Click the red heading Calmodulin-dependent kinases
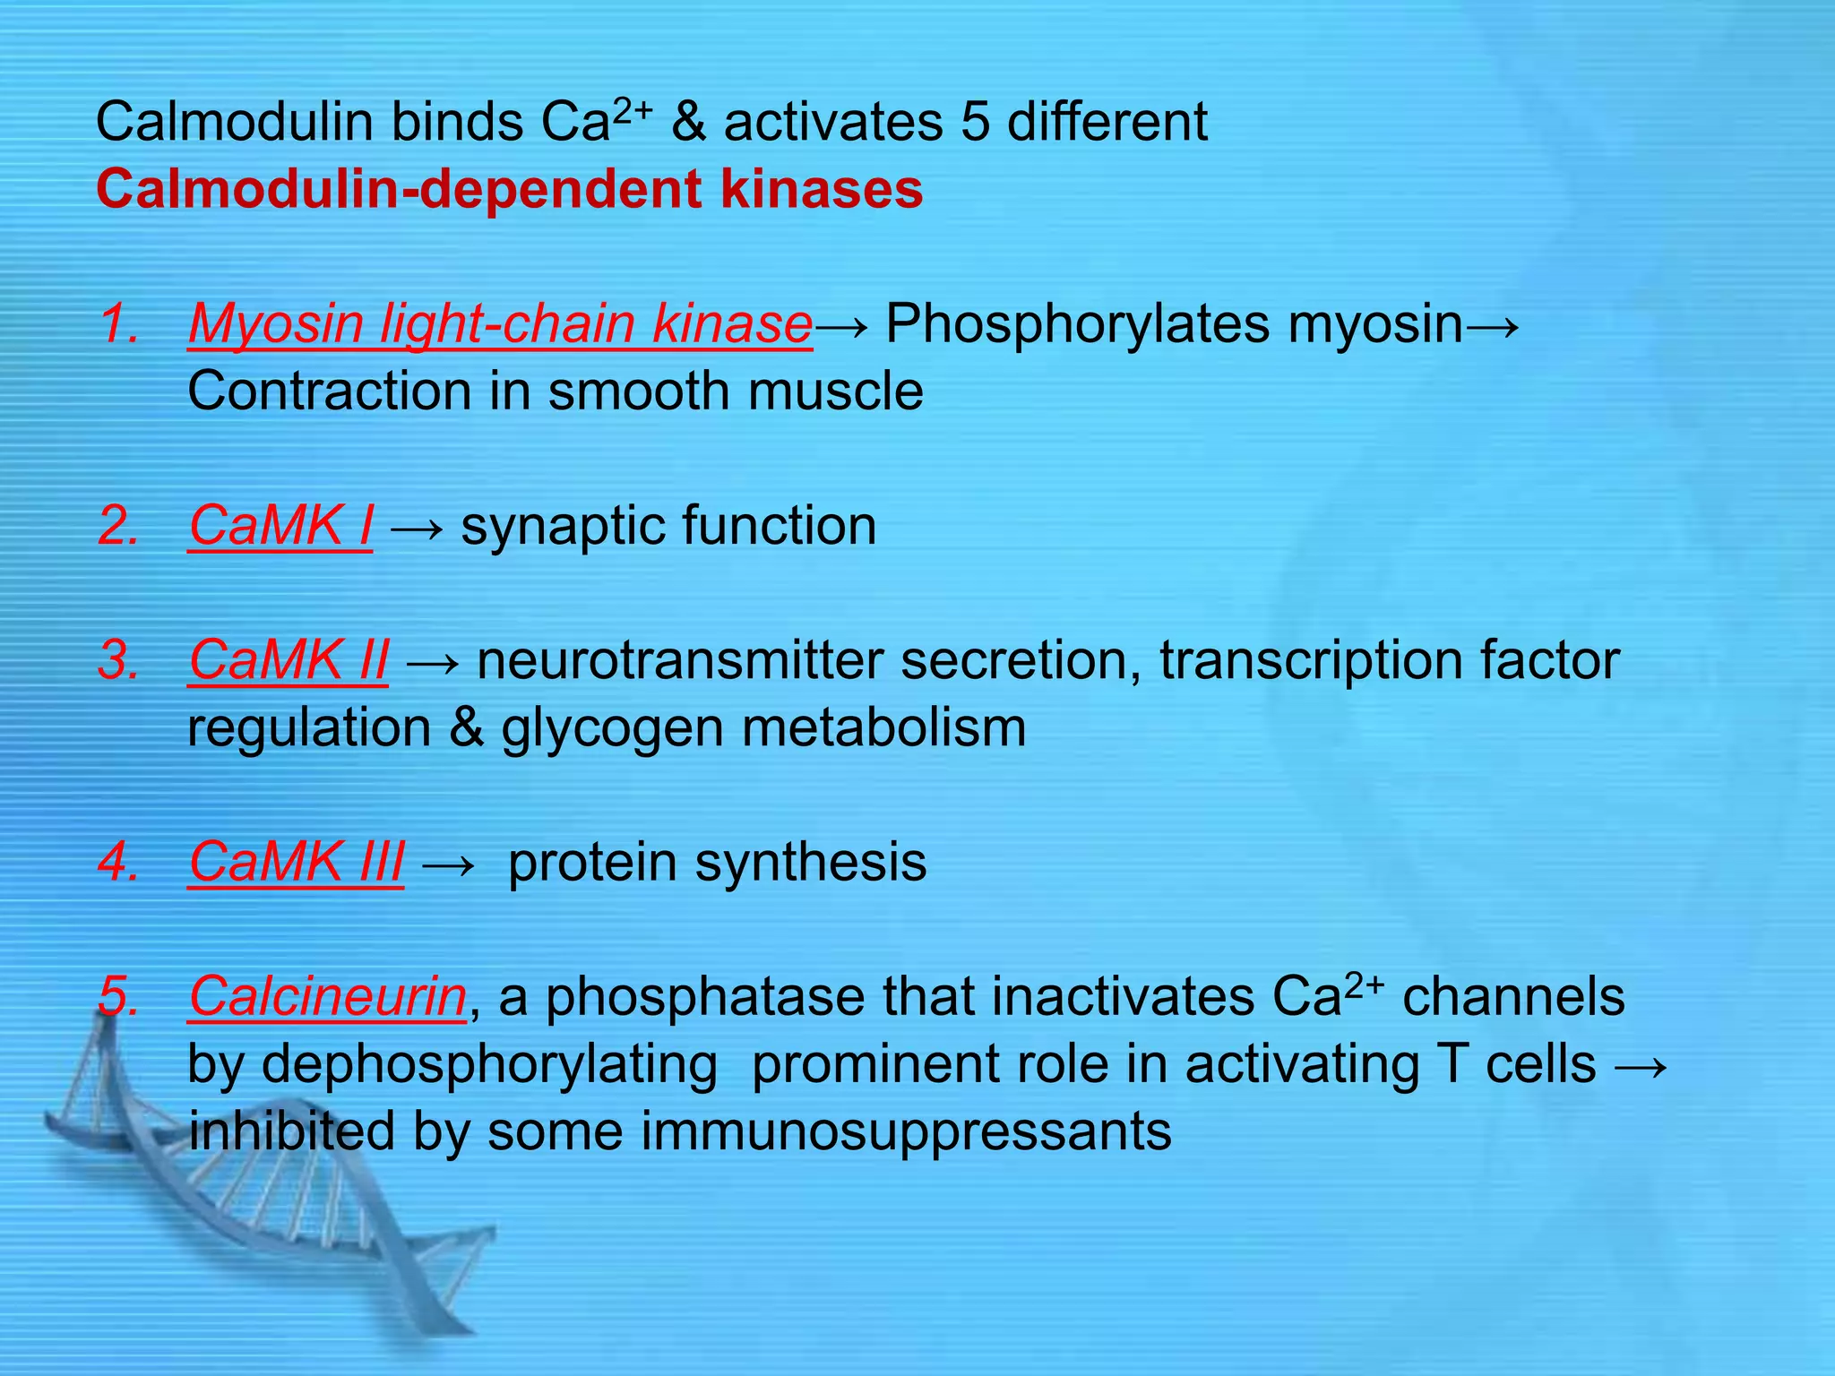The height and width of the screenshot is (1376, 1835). tap(509, 190)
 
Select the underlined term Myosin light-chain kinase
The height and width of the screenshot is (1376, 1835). tap(500, 323)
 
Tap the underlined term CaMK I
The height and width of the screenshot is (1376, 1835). tap(280, 525)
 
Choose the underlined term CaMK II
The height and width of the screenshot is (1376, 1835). tap(289, 660)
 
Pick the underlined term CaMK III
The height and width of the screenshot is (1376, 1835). tap(297, 862)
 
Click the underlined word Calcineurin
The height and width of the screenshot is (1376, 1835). tap(327, 996)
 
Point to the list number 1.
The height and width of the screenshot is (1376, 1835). tap(119, 323)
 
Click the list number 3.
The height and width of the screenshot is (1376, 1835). tap(119, 660)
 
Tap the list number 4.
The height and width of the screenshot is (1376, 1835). tap(119, 862)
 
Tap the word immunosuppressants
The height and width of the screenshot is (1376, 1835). tap(905, 1131)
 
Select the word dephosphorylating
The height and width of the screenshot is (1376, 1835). tap(489, 1065)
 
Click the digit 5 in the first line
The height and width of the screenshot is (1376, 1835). tap(975, 122)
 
